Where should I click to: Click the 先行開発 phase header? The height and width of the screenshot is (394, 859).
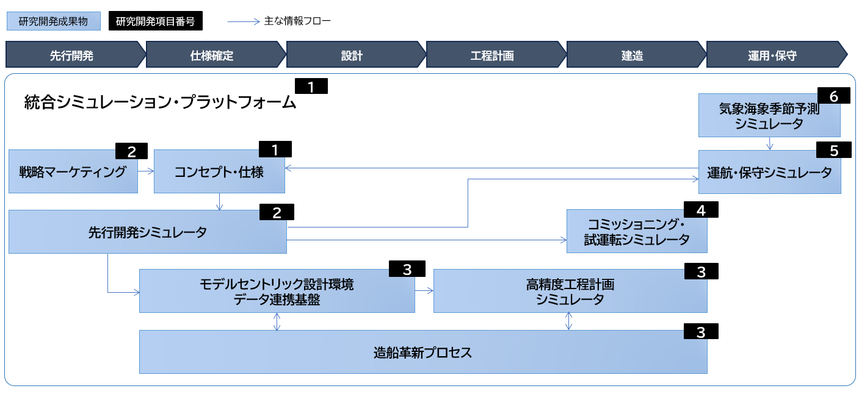tap(71, 56)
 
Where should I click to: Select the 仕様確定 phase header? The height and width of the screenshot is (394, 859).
tap(212, 56)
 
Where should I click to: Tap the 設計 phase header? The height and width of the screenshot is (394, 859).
tap(352, 56)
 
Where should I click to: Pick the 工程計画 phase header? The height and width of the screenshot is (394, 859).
tap(492, 56)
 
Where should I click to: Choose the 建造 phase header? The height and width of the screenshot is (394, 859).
tap(632, 56)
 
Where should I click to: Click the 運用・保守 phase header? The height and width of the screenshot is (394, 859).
tap(772, 56)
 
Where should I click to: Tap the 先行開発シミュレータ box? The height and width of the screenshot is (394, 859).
tap(147, 232)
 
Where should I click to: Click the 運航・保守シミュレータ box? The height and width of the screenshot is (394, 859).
tap(769, 173)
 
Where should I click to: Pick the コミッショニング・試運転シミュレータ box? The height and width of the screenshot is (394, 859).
tap(637, 232)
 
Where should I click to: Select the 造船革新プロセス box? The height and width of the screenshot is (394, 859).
tap(422, 353)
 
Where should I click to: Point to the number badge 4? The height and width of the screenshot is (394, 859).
tap(701, 210)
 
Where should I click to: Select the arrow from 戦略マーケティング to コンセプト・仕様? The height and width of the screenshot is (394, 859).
tap(145, 171)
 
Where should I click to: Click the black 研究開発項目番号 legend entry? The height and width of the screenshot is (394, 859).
tap(155, 22)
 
